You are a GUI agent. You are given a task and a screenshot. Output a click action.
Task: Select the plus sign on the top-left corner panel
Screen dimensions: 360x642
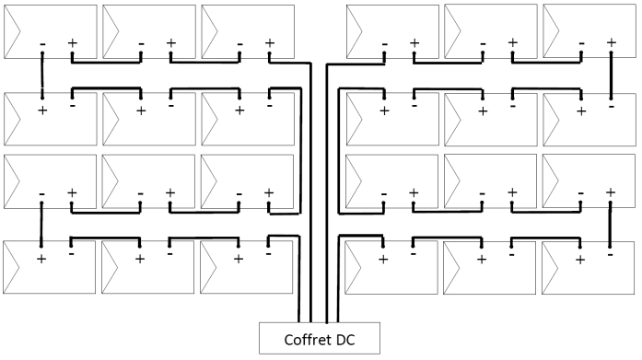[x=73, y=42]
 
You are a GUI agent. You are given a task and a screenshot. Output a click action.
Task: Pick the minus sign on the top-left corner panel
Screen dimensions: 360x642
[x=42, y=43]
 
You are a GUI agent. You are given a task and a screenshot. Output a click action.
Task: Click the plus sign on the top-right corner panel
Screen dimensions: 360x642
[x=611, y=42]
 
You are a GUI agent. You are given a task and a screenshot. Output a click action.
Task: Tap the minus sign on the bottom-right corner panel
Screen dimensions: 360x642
[x=610, y=254]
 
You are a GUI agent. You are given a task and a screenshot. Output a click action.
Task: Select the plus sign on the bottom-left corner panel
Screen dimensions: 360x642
[x=41, y=259]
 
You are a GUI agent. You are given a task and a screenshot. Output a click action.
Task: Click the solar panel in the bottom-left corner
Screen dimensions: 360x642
[x=50, y=268]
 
